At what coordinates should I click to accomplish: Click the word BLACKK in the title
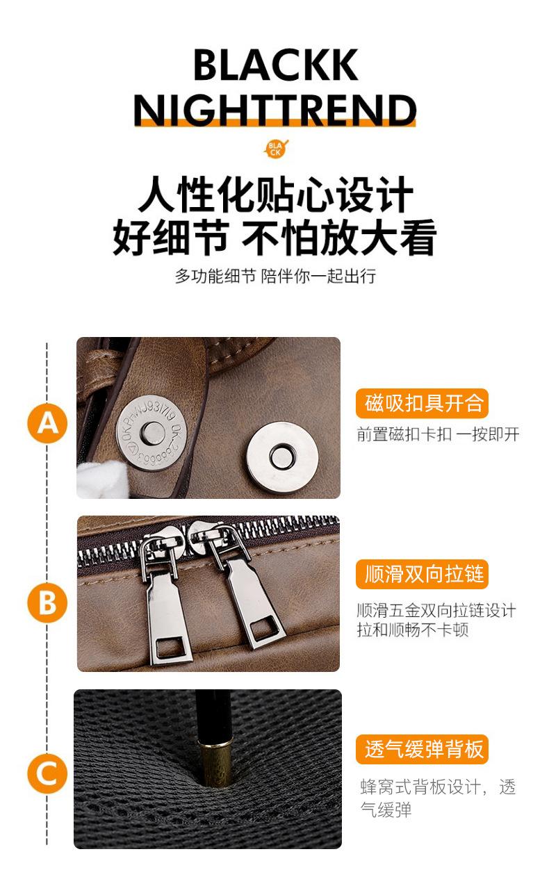click(x=275, y=65)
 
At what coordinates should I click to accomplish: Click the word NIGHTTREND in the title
click(x=274, y=110)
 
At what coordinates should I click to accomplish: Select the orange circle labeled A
click(x=47, y=424)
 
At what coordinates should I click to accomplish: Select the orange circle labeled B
click(x=47, y=602)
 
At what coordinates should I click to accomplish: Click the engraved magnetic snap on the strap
click(x=152, y=432)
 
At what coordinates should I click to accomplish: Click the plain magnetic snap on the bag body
click(x=282, y=457)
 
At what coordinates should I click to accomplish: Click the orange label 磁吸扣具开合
click(x=423, y=404)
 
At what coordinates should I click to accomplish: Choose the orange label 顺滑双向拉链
click(x=423, y=574)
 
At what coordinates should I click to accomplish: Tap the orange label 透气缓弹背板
click(x=423, y=749)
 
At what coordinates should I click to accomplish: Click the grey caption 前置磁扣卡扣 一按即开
click(x=438, y=434)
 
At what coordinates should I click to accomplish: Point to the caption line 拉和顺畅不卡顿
click(x=413, y=630)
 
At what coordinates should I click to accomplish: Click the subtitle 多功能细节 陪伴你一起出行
click(x=275, y=276)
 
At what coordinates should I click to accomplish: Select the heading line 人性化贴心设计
click(x=275, y=195)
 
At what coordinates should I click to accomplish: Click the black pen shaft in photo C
click(x=213, y=715)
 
